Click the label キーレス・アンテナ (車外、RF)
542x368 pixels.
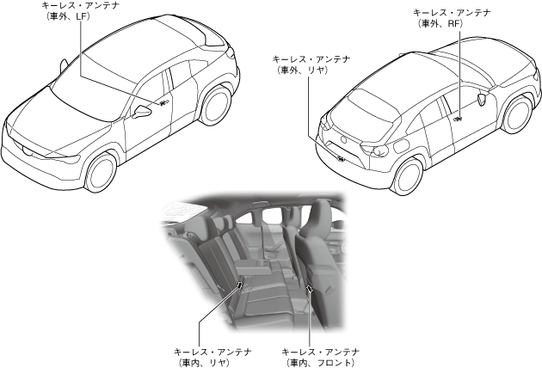click(453, 19)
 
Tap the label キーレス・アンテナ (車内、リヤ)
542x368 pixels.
click(212, 357)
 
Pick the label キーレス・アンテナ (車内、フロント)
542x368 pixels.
click(320, 357)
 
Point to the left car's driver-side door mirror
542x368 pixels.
click(140, 112)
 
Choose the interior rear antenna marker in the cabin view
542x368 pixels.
click(240, 284)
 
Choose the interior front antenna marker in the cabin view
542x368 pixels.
click(308, 286)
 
